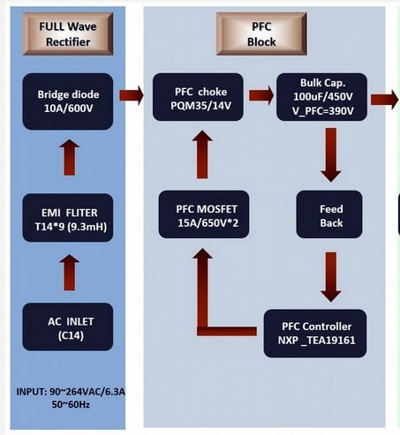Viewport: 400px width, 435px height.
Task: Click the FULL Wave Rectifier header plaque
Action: [68, 34]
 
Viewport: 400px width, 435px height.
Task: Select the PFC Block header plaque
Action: [261, 34]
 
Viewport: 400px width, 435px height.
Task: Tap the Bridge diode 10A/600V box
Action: [68, 101]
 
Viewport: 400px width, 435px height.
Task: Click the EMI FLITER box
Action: [68, 218]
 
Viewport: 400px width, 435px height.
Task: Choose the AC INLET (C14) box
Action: [68, 326]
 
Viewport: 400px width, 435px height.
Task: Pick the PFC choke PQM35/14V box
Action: [198, 97]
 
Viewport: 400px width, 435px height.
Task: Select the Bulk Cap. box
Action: [321, 97]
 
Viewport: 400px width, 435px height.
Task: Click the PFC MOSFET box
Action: [204, 214]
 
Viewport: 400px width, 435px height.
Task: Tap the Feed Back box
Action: [329, 214]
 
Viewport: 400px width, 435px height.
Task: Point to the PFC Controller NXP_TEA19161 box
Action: [315, 334]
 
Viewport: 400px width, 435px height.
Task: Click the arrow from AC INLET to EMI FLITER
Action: [70, 273]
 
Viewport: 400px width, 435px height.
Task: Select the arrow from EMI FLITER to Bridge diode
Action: [70, 158]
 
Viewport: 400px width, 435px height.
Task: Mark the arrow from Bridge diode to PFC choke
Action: [132, 95]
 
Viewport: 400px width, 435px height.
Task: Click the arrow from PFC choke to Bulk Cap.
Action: [261, 95]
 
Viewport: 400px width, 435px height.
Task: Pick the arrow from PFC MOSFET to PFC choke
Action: [202, 154]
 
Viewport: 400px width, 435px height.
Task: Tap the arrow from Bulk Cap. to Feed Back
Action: [331, 154]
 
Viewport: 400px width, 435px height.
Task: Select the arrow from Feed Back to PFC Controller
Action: [331, 277]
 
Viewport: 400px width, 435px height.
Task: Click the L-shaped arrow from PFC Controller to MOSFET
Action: [203, 331]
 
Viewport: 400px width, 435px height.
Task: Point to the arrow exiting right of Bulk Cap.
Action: [385, 100]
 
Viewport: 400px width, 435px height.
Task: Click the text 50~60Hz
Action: [71, 405]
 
